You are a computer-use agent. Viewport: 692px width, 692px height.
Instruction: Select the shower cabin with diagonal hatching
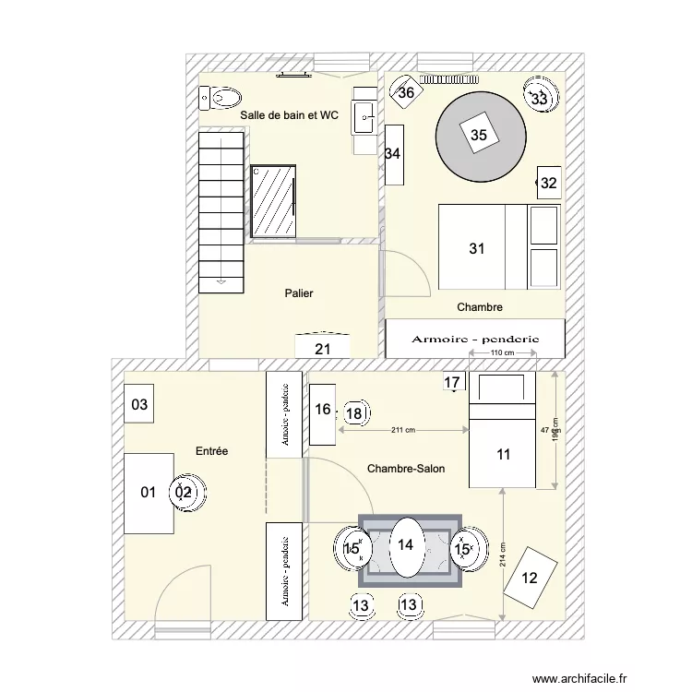click(x=274, y=201)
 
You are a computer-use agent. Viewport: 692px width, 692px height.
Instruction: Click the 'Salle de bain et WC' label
click(x=289, y=115)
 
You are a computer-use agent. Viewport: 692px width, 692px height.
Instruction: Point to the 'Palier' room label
click(x=299, y=293)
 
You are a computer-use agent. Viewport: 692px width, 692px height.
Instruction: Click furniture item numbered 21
click(x=322, y=348)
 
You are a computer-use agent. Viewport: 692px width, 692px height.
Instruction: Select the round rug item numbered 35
click(x=479, y=135)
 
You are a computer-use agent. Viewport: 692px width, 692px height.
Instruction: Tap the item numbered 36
click(x=405, y=91)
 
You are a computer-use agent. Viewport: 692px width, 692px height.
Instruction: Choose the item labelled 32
click(x=549, y=184)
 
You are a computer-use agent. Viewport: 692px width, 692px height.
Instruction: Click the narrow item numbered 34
click(x=394, y=154)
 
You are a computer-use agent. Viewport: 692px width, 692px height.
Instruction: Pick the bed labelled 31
click(x=476, y=247)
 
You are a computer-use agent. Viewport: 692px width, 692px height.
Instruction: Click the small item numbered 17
click(x=452, y=382)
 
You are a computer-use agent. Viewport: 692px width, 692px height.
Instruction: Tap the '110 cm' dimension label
click(x=501, y=353)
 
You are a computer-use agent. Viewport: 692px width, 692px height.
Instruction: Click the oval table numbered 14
click(x=406, y=545)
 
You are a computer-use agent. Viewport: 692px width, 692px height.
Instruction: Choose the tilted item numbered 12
click(x=530, y=579)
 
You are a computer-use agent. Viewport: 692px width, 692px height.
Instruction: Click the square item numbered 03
click(x=139, y=404)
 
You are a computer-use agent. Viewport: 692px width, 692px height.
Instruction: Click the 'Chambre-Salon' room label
click(x=406, y=469)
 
